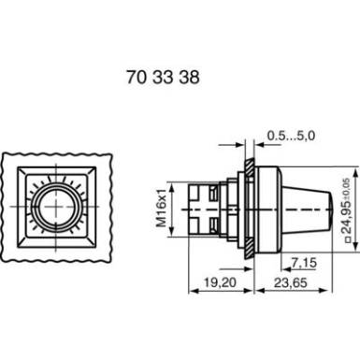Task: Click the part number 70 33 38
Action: (163, 77)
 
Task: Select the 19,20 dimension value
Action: (220, 282)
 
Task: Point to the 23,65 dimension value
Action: (291, 282)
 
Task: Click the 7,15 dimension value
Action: (304, 263)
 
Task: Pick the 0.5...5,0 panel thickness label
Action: (291, 136)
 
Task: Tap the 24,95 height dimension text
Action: (347, 215)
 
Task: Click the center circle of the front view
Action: (56, 207)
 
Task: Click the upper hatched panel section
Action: (250, 168)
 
